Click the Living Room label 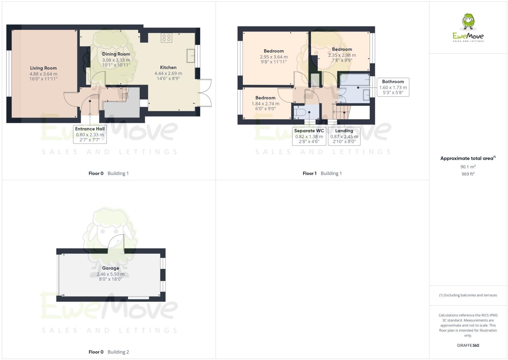pos(43,68)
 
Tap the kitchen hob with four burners pos(166,38)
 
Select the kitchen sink pos(190,56)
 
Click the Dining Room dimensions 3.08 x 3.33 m pos(116,60)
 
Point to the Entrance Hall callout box pos(90,134)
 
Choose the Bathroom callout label pos(393,82)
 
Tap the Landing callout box pos(344,136)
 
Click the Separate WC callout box pos(309,136)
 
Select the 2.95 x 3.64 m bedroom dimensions pos(274,57)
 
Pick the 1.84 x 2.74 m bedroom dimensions pos(265,104)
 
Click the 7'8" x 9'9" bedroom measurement pos(342,60)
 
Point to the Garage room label pos(111,268)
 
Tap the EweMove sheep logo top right pos(468,22)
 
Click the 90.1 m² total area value pos(468,167)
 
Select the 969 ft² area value pos(468,174)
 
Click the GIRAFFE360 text pos(468,345)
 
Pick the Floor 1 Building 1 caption pos(322,173)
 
